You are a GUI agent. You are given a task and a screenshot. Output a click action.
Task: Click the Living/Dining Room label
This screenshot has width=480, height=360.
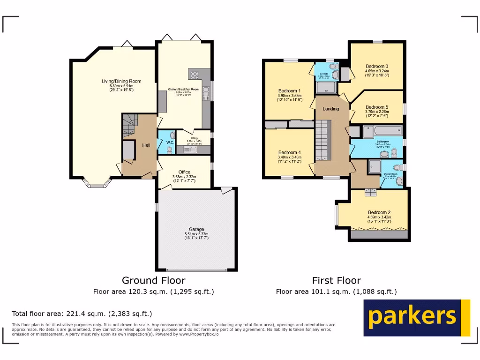pyautogui.click(x=121, y=81)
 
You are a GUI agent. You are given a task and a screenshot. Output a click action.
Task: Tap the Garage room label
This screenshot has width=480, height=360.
pyautogui.click(x=196, y=229)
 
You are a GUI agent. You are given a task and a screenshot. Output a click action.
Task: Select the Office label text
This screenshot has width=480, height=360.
pyautogui.click(x=184, y=172)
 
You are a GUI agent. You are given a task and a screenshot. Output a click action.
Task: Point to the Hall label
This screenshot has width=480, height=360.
pyautogui.click(x=146, y=145)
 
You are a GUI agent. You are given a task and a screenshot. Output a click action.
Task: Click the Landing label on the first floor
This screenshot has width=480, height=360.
pyautogui.click(x=331, y=109)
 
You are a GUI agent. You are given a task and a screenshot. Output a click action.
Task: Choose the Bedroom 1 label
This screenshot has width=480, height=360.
pyautogui.click(x=289, y=91)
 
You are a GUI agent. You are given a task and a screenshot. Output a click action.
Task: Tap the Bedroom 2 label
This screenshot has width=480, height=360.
pyautogui.click(x=379, y=212)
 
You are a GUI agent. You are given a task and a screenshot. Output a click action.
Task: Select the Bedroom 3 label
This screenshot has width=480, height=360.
pyautogui.click(x=377, y=66)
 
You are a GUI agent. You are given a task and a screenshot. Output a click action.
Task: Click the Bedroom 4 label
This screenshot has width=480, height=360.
pyautogui.click(x=289, y=152)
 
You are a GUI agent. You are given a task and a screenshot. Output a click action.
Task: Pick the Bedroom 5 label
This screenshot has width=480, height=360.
pyautogui.click(x=377, y=107)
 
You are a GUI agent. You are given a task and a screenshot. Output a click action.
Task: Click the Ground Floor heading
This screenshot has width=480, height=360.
pyautogui.click(x=153, y=280)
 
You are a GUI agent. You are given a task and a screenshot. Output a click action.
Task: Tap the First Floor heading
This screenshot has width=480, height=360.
pyautogui.click(x=336, y=280)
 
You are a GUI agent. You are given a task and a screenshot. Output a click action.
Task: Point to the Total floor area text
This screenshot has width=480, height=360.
pyautogui.click(x=82, y=314)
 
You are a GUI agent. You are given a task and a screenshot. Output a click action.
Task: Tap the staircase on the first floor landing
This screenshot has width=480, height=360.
pyautogui.click(x=322, y=141)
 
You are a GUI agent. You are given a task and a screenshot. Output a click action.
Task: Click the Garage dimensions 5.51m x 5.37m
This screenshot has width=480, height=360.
pyautogui.click(x=196, y=234)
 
